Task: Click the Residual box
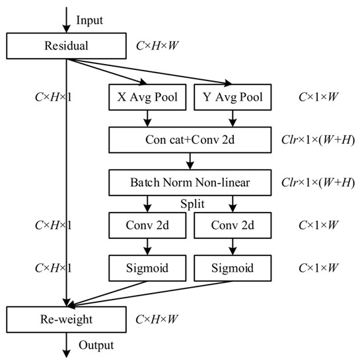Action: pyautogui.click(x=66, y=46)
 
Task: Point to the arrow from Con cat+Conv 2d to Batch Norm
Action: pyautogui.click(x=191, y=161)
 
